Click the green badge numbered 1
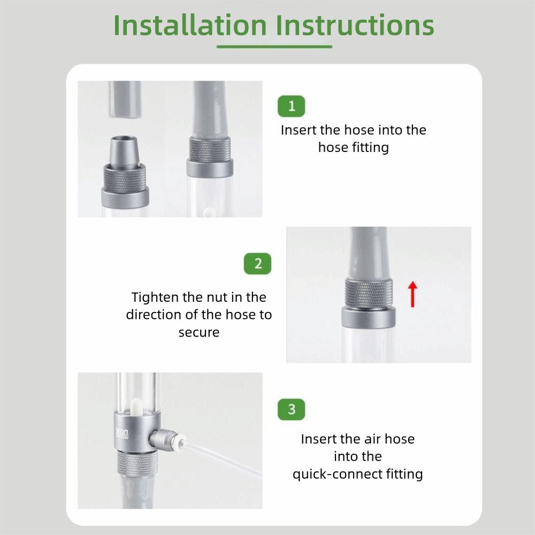point(292,106)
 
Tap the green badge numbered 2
point(258,264)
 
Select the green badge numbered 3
point(292,409)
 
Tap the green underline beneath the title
point(274,47)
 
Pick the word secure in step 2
point(199,332)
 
